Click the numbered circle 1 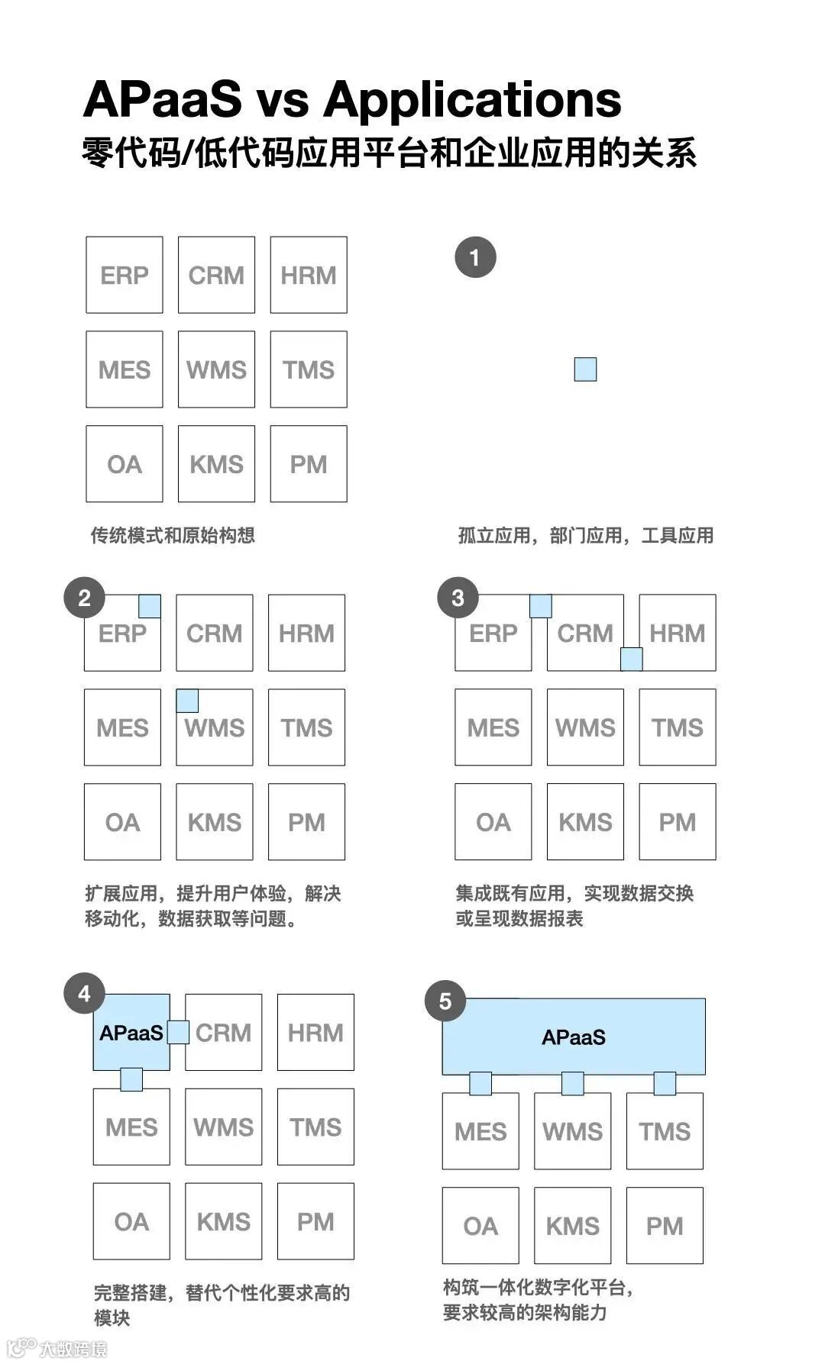[475, 257]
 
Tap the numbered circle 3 [458, 598]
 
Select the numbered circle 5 [445, 1001]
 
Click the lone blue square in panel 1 [585, 369]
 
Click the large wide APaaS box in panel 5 [574, 1037]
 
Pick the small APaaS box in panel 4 [131, 1033]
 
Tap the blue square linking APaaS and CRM [178, 1032]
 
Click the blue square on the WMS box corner [187, 701]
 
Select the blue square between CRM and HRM [631, 659]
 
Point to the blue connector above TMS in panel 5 [665, 1083]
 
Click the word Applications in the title [472, 99]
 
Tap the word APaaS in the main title [162, 99]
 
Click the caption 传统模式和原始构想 [173, 535]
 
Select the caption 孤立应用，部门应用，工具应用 [585, 535]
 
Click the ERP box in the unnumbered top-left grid [125, 275]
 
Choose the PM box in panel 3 [677, 822]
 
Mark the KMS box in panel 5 [572, 1226]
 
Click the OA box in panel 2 [122, 822]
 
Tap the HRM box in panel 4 [315, 1033]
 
